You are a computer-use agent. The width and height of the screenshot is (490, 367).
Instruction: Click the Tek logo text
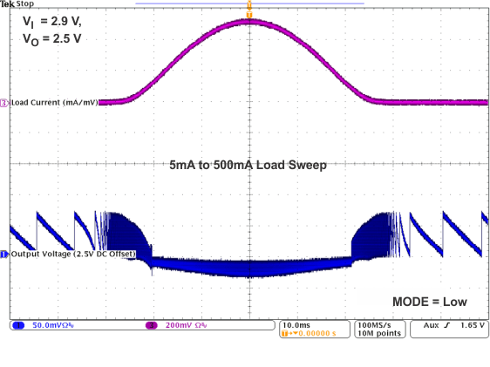tap(8, 4)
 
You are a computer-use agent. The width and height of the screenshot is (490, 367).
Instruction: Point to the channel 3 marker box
tap(4, 102)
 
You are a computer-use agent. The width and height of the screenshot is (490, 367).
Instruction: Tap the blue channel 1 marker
tap(4, 255)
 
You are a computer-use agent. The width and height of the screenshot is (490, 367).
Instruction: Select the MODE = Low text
tap(430, 301)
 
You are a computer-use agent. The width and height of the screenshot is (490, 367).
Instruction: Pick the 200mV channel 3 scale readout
tap(186, 324)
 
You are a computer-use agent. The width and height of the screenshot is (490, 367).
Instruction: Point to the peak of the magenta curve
tap(249, 21)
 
